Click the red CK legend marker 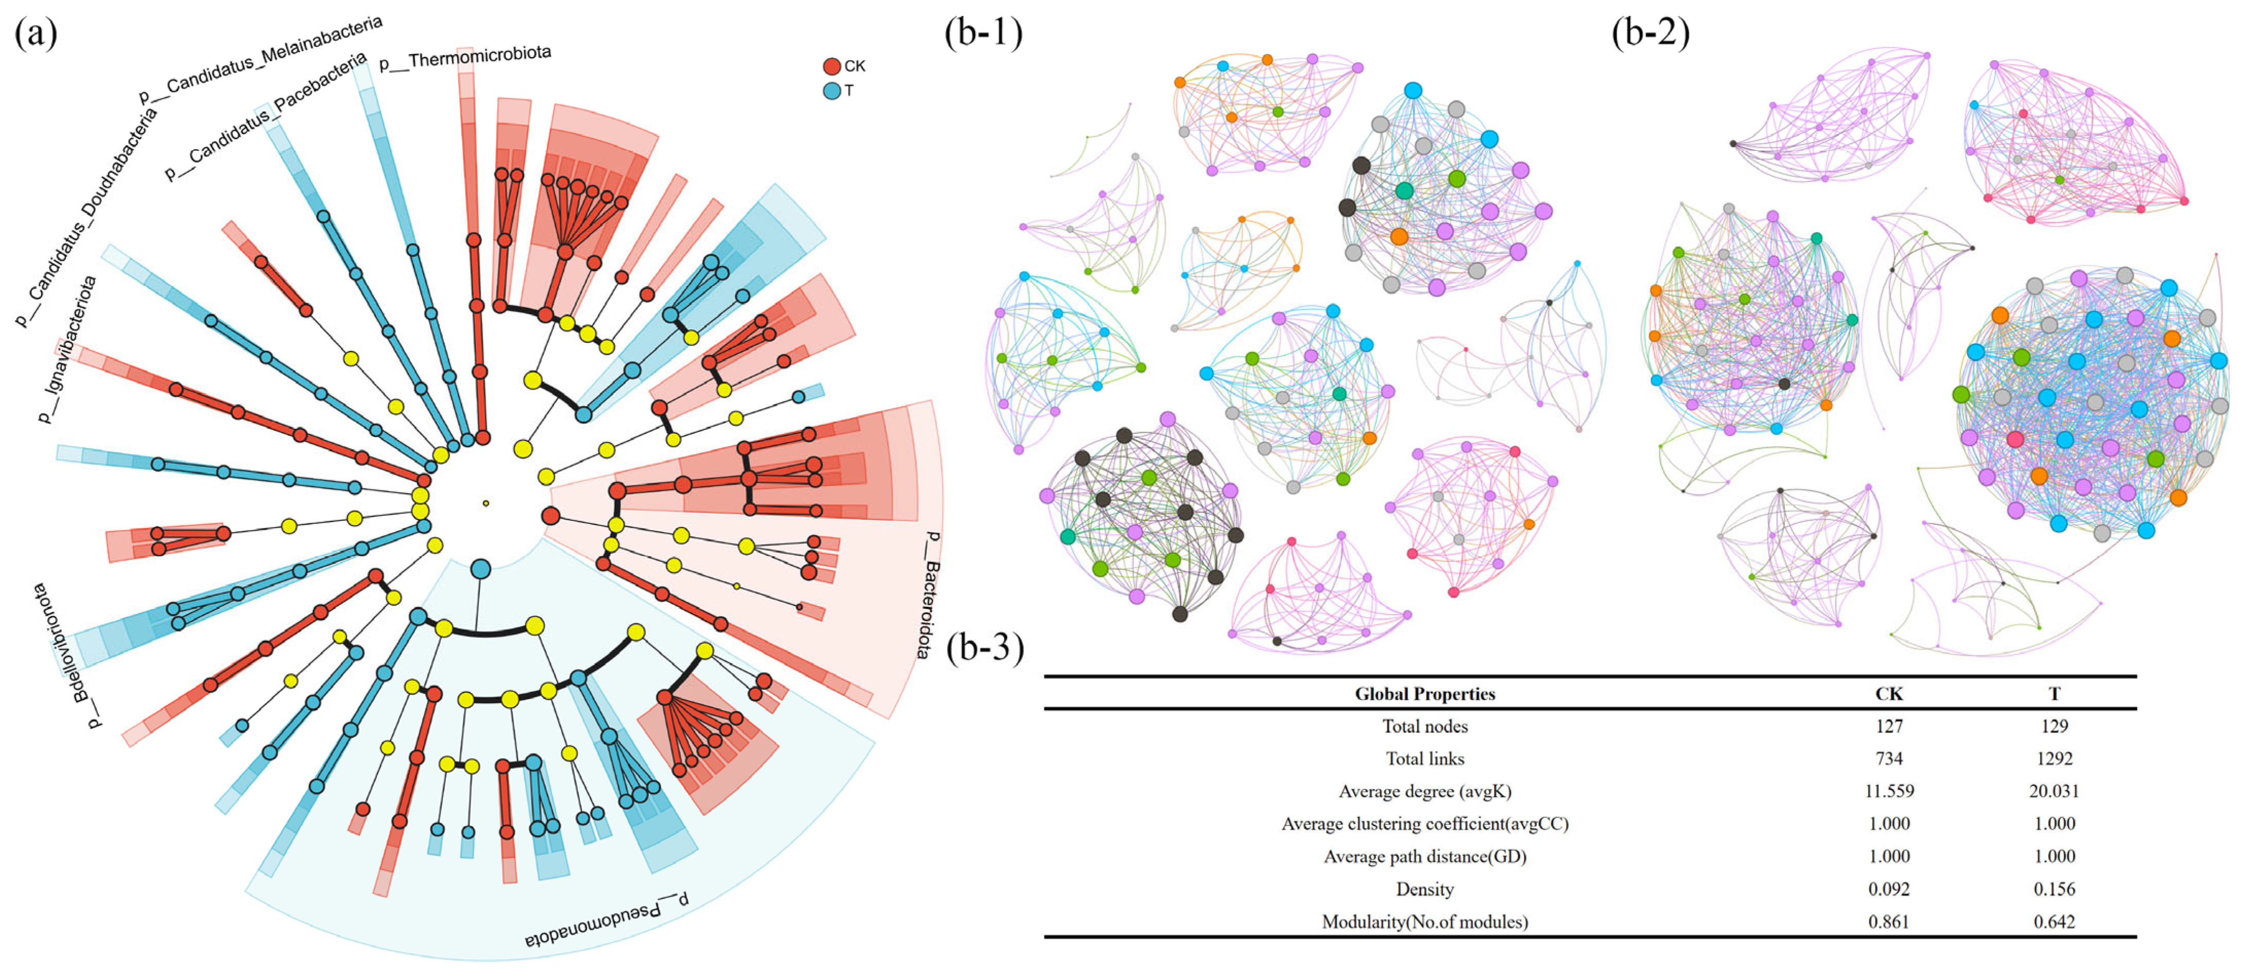coord(831,66)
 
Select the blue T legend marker coord(831,91)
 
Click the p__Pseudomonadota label coord(606,920)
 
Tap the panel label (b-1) coord(983,33)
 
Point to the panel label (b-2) coord(1650,33)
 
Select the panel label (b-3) coord(985,647)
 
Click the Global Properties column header coord(1425,694)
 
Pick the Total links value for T coord(2054,759)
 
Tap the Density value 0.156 coord(2054,889)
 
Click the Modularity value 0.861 coord(1889,922)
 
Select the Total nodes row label coord(1425,726)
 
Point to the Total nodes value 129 coord(2054,726)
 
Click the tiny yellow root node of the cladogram coord(486,503)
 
